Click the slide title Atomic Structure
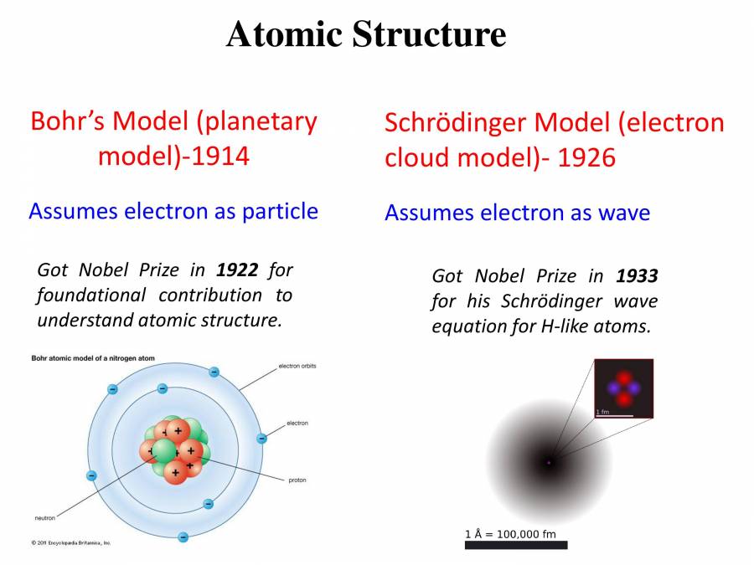coord(366,34)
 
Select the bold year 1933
coord(637,275)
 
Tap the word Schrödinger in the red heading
coord(456,123)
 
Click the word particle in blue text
coord(280,211)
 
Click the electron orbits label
coord(298,367)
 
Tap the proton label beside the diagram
coord(297,481)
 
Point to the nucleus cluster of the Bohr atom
coord(173,450)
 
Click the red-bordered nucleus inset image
coord(623,388)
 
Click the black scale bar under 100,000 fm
coord(516,545)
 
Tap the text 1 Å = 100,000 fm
coord(510,533)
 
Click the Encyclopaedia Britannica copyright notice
coord(70,542)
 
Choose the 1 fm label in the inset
coord(602,412)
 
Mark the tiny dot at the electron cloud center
coord(549,461)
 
